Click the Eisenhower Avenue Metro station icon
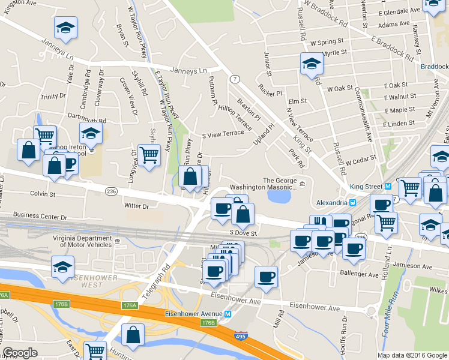tap(228, 314)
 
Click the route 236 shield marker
tap(111, 191)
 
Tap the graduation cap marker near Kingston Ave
tap(65, 26)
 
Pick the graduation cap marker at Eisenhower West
tap(62, 266)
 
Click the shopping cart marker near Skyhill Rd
tap(149, 154)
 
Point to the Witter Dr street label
tap(136, 206)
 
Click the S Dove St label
tap(243, 233)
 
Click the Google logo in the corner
tap(20, 353)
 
